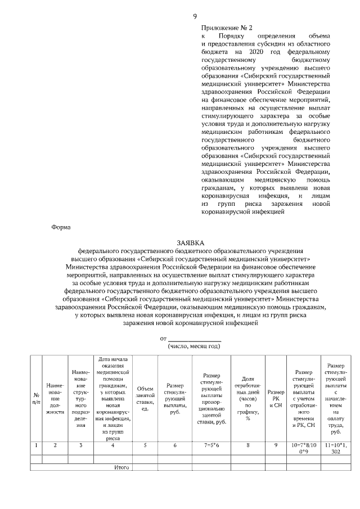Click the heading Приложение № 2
(227, 28)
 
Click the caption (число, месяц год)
(195, 346)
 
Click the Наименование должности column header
(55, 397)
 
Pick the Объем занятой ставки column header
(145, 398)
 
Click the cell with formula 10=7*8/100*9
(304, 448)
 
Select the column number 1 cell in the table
(37, 445)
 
